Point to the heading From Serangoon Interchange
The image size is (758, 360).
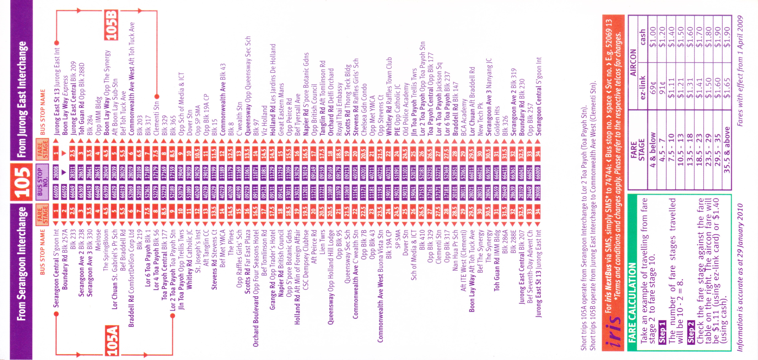21,263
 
